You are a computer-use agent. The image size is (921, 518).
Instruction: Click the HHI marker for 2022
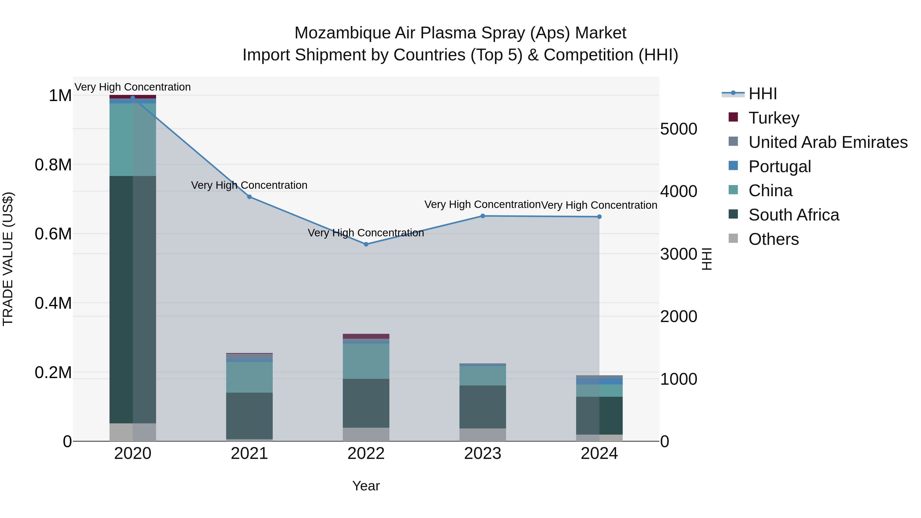(366, 244)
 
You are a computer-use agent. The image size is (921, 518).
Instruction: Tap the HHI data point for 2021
(249, 197)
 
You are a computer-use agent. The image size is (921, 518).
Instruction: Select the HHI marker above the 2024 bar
(599, 217)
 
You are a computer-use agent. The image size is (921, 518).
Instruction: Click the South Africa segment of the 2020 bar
(133, 300)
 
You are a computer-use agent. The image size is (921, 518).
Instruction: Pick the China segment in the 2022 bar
(366, 361)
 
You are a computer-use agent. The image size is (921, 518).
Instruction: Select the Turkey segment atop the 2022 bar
(366, 336)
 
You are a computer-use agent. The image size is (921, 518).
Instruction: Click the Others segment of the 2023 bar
(482, 435)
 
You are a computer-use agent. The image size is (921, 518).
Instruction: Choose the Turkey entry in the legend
(774, 118)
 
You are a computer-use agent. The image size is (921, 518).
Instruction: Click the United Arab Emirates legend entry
(828, 142)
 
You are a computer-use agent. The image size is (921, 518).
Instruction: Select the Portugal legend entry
(780, 166)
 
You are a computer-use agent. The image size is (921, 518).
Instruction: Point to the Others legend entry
(773, 239)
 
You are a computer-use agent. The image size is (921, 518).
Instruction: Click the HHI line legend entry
(762, 94)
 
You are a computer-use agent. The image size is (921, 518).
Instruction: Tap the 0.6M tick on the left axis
(53, 234)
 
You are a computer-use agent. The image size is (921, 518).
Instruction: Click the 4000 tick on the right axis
(678, 191)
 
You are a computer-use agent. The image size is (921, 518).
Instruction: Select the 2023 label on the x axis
(482, 454)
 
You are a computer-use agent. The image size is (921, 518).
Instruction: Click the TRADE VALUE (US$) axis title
(8, 259)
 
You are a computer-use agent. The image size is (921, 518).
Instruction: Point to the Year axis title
(366, 486)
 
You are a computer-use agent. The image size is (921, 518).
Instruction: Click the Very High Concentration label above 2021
(249, 185)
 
